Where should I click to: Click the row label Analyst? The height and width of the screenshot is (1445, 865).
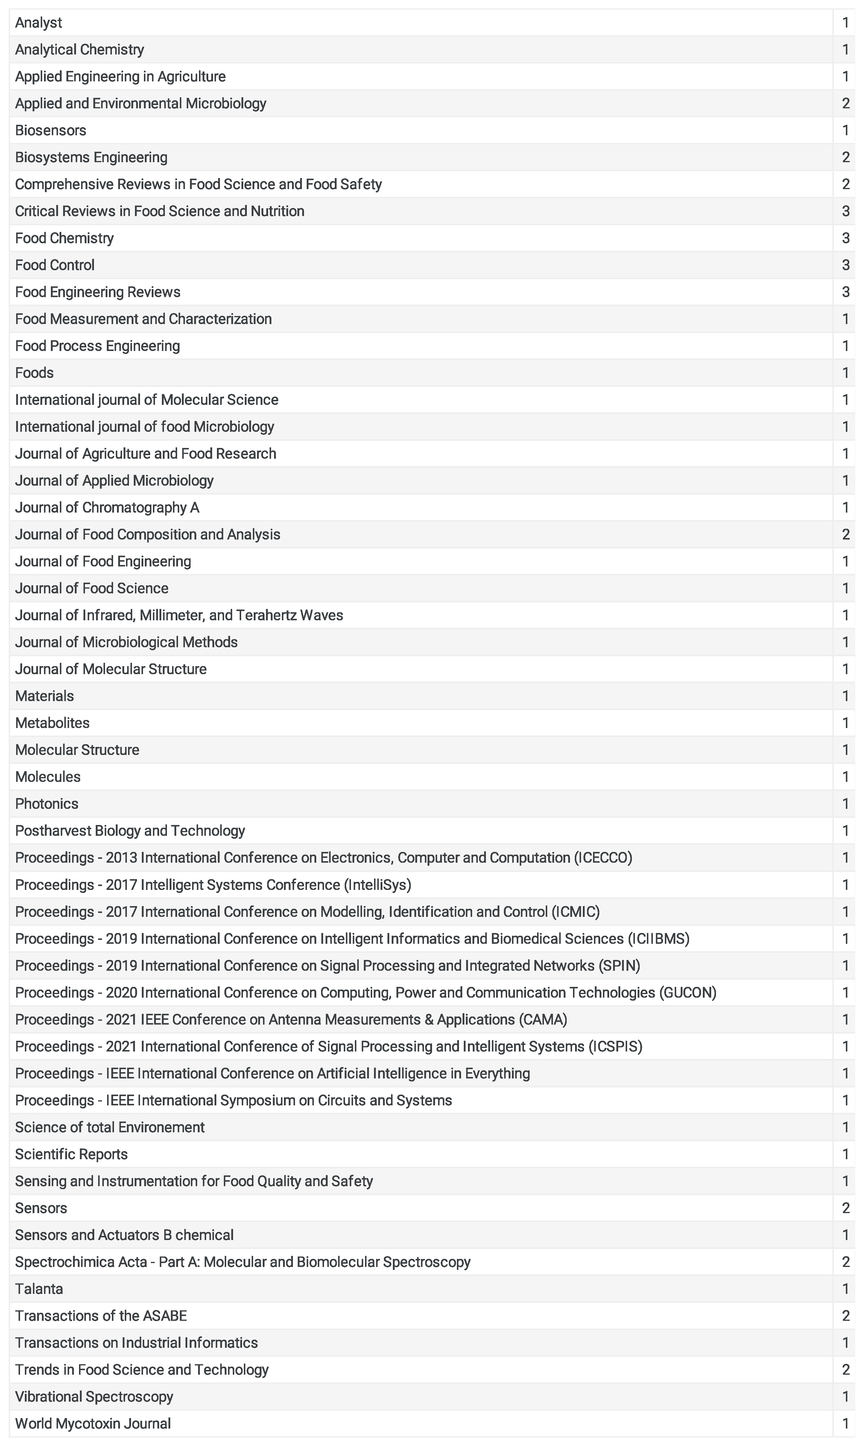(39, 23)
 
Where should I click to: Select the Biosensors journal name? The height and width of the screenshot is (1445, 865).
(51, 130)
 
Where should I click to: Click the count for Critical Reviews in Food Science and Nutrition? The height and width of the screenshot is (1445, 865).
(845, 211)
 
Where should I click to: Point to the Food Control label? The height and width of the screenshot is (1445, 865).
(55, 265)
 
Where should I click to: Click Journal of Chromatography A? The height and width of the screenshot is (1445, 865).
(107, 508)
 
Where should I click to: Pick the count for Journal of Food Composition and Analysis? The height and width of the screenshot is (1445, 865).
(845, 534)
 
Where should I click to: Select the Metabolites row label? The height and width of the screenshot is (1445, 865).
(52, 723)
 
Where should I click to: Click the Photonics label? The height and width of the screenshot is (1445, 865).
(47, 804)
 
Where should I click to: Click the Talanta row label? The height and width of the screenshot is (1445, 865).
(39, 1289)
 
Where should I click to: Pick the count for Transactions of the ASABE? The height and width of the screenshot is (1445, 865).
(845, 1316)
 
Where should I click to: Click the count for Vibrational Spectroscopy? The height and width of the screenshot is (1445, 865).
(845, 1397)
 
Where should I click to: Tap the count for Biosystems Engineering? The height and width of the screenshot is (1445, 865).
(845, 157)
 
